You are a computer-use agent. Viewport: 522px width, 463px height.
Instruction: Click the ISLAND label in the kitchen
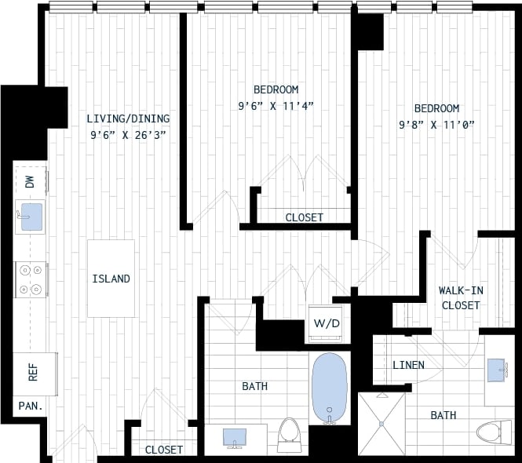click(x=111, y=279)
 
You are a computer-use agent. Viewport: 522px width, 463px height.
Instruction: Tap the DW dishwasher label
click(x=30, y=182)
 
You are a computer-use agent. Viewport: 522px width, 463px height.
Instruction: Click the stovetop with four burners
click(x=31, y=279)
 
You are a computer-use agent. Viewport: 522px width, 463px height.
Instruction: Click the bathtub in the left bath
click(x=329, y=388)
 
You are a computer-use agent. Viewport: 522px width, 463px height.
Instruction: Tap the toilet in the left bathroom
click(x=290, y=434)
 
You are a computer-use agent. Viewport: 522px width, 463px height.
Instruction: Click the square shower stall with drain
click(x=381, y=423)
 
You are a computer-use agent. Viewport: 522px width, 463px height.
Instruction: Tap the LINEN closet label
click(x=408, y=365)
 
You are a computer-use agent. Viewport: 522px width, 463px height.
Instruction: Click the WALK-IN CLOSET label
click(x=460, y=297)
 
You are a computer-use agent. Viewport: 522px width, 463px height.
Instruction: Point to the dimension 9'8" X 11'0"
click(x=437, y=124)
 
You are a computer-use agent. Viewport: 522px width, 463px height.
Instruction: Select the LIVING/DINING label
click(x=128, y=118)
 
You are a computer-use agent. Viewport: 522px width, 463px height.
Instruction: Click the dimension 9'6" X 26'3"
click(x=128, y=134)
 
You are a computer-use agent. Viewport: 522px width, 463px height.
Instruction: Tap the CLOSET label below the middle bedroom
click(x=304, y=217)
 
